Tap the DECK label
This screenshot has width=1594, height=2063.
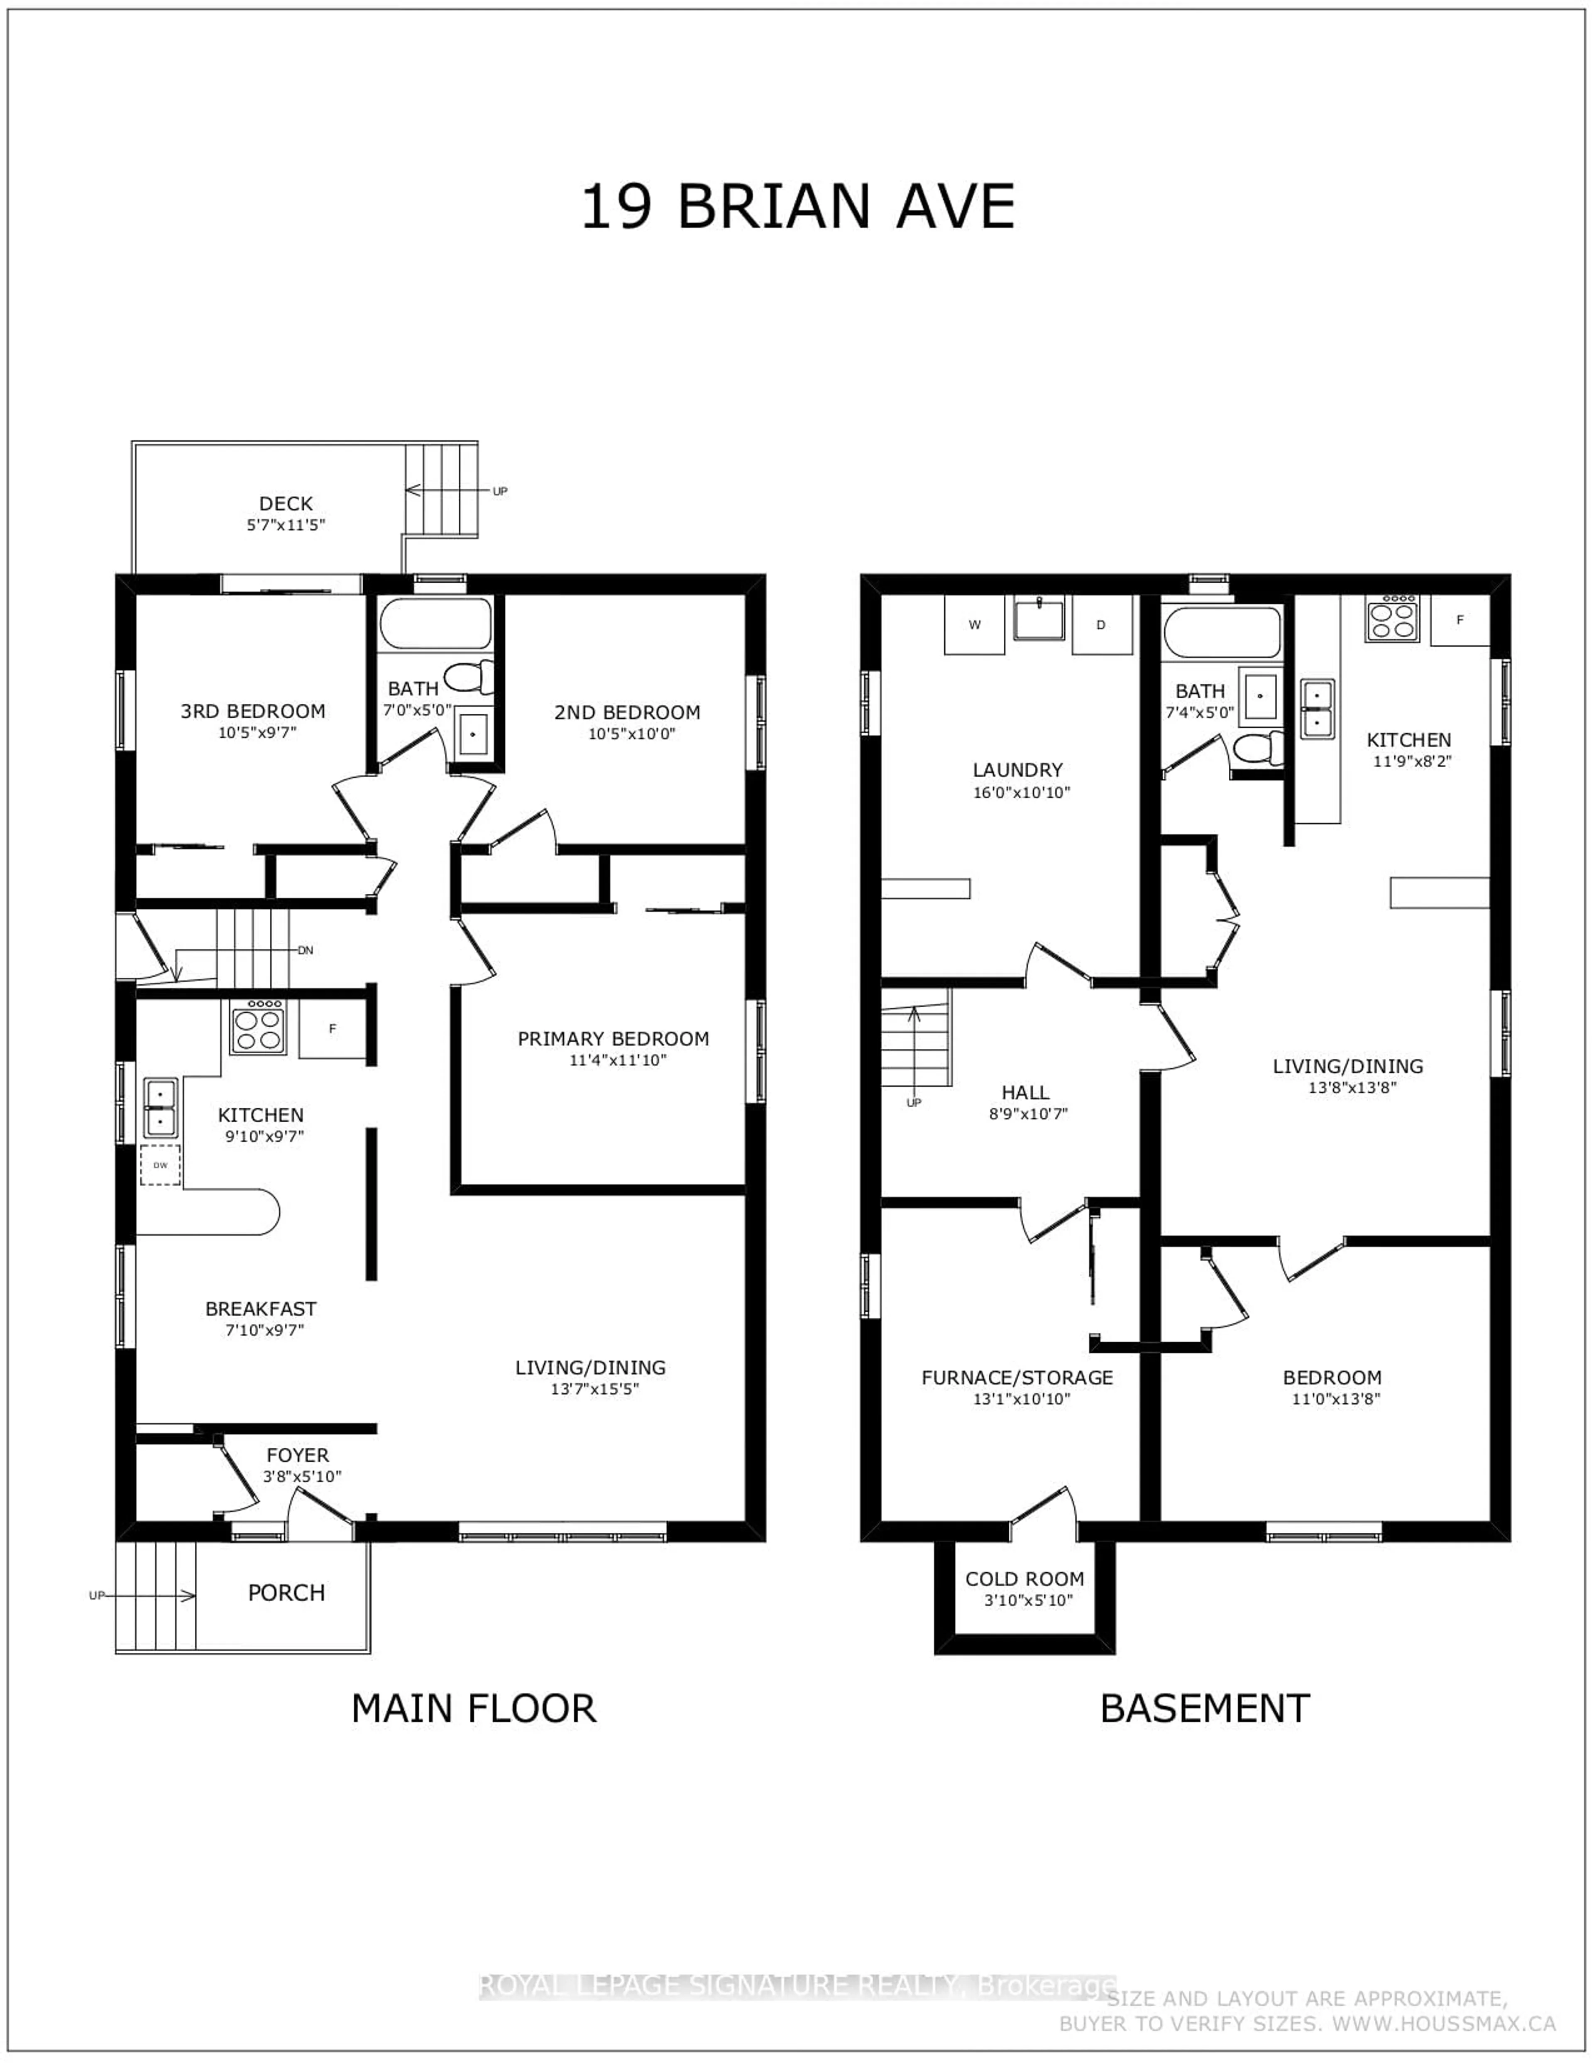(286, 504)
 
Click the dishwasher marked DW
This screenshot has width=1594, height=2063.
(161, 1166)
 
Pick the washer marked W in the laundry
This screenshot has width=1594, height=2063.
(975, 624)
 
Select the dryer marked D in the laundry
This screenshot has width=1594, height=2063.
(1101, 624)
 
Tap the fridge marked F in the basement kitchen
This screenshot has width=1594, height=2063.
(1460, 621)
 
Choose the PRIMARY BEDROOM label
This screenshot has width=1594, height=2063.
(613, 1039)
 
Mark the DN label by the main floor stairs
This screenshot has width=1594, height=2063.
(305, 950)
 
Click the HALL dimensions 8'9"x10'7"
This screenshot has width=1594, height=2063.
(1028, 1113)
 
